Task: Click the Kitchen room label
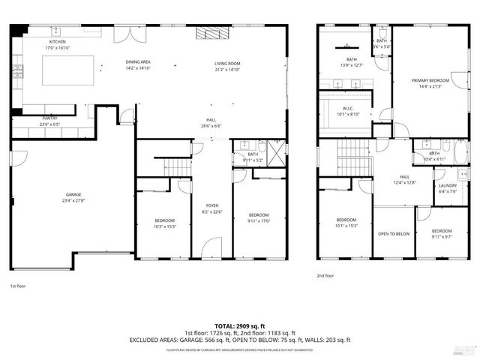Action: (58, 42)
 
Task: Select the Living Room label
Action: (226, 64)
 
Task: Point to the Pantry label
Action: (50, 118)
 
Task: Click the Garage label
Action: (73, 195)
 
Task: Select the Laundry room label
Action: (448, 185)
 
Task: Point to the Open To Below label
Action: (393, 233)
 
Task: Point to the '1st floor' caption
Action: (17, 286)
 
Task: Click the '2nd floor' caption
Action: (325, 275)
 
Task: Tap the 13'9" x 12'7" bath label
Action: (352, 64)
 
